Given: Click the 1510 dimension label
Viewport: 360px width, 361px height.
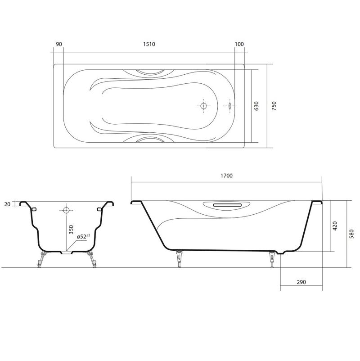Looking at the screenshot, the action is (149, 44).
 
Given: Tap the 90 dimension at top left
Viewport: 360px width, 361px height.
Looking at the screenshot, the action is (59, 44).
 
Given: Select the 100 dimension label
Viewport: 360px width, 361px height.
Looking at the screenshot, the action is (239, 44).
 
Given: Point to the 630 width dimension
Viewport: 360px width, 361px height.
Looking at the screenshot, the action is (256, 106).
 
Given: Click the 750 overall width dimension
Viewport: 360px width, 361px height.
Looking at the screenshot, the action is (274, 106).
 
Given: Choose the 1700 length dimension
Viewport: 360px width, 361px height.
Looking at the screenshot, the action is (226, 176).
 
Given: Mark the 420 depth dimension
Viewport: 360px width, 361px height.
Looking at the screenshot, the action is (335, 226).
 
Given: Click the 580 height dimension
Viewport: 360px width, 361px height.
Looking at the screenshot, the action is (351, 234).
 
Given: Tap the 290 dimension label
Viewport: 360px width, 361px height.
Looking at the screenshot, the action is (301, 282).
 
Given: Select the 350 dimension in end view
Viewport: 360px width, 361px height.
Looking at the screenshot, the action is (71, 230).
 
